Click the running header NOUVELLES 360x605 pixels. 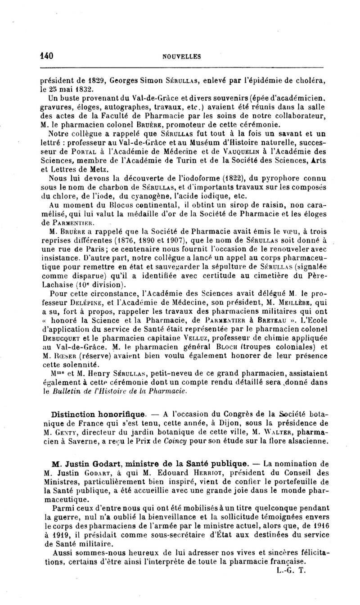pos(182,57)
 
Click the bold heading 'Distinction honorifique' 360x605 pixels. pos(98,413)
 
